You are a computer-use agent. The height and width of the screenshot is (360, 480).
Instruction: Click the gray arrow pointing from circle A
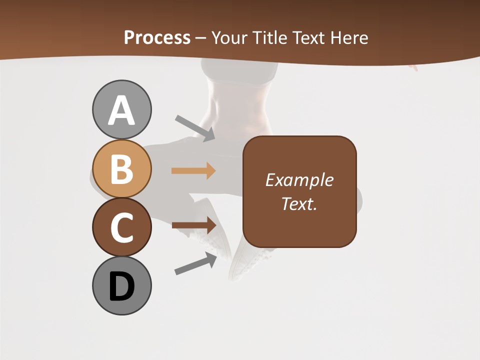pos(194,127)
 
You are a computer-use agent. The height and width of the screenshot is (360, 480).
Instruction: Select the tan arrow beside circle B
pos(193,171)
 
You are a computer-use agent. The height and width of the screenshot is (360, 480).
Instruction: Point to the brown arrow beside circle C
pos(193,225)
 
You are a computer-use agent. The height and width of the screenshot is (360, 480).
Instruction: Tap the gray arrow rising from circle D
pos(195,263)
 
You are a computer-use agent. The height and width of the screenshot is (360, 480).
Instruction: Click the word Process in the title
pos(157,37)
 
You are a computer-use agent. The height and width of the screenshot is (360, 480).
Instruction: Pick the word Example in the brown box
pos(299,180)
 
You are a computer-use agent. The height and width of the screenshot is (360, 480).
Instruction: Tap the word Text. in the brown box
pos(299,203)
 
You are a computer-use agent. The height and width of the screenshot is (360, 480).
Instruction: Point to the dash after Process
pos(200,38)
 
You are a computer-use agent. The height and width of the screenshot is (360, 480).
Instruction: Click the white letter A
pos(121,110)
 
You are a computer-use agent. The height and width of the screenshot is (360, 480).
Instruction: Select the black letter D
pos(121,286)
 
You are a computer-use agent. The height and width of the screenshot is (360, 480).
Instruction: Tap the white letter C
pos(121,227)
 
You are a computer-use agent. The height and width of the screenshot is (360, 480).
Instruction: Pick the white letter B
pos(121,169)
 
